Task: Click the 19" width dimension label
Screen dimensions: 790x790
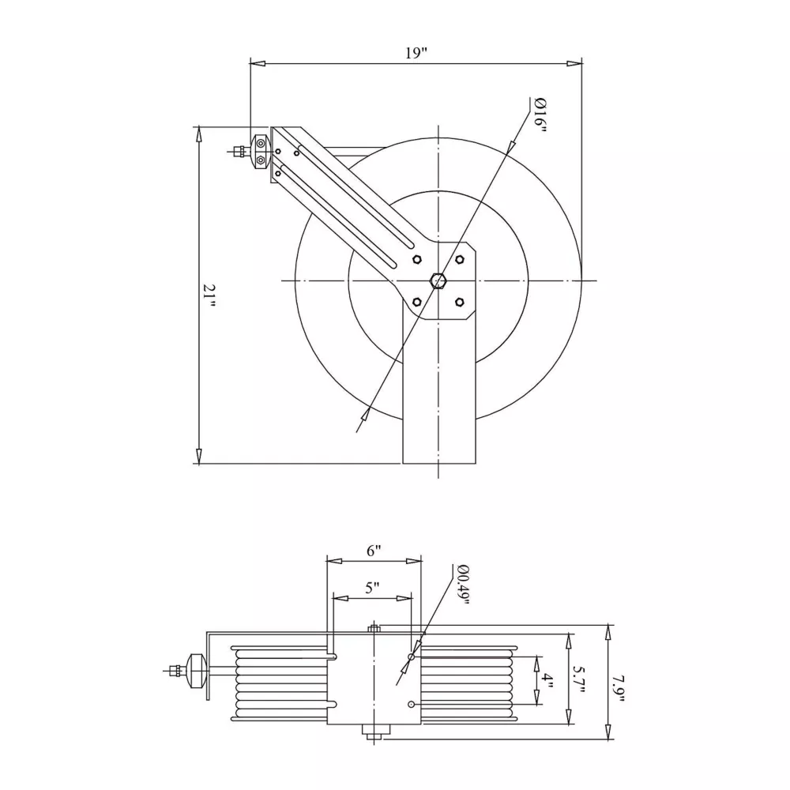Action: (x=416, y=53)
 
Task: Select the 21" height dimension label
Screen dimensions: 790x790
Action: (x=209, y=297)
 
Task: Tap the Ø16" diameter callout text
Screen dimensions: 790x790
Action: (x=540, y=116)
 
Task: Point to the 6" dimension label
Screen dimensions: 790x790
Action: (x=374, y=551)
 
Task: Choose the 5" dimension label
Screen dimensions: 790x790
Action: (x=372, y=588)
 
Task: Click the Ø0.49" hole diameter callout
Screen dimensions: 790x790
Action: (x=462, y=585)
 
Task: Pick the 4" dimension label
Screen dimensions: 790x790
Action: (x=547, y=683)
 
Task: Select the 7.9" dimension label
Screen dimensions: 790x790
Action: (x=619, y=690)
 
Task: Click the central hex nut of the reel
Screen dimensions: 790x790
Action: (x=438, y=280)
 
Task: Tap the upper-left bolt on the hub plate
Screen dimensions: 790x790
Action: (x=416, y=259)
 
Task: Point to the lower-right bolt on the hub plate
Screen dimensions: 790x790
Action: (x=459, y=302)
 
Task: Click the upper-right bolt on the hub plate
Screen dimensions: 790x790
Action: (x=459, y=259)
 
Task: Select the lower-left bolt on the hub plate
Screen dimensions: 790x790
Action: (x=416, y=302)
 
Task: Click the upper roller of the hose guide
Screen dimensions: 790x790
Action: (x=260, y=144)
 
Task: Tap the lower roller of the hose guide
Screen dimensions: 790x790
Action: (x=260, y=160)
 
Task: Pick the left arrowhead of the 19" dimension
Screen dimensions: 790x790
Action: (x=258, y=63)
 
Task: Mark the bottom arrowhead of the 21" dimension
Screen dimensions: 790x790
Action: (x=199, y=456)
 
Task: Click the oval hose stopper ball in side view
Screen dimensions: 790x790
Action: (x=196, y=671)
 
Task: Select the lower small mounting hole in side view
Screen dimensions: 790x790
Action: (x=411, y=704)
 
